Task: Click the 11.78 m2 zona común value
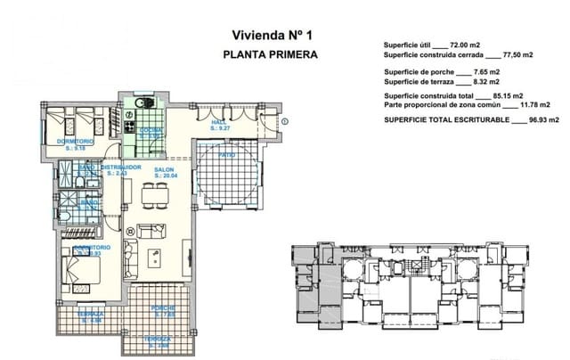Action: tap(546, 105)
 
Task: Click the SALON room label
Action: tap(164, 168)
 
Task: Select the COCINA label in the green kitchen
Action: tap(150, 131)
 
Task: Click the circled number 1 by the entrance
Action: tap(286, 120)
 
